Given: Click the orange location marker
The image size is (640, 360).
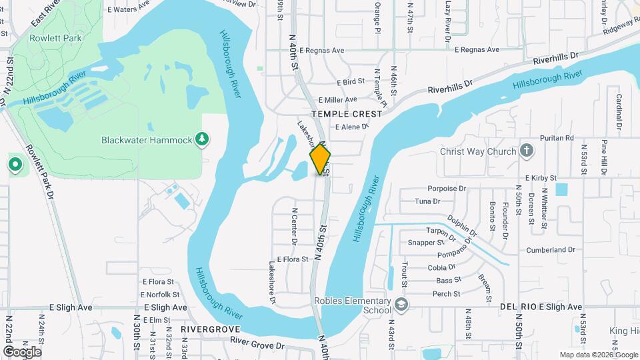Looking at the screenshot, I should pos(320,159).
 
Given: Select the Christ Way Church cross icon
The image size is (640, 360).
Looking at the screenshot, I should pos(527,151).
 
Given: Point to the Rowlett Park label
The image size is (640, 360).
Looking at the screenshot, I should pos(55,38).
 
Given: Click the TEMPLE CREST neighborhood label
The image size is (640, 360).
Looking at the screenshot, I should pos(350,114).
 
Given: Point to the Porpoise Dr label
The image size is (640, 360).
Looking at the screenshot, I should pos(446,189).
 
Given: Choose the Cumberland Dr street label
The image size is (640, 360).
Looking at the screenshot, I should pos(551,250).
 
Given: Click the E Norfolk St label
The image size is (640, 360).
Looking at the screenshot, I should pos(161,295).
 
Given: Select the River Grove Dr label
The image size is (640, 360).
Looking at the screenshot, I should pos(257,345).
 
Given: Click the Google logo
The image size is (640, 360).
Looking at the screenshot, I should pos(22,351).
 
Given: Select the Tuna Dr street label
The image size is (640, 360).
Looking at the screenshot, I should pos(427,201).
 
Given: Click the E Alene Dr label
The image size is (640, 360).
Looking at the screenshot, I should pos(351,127).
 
